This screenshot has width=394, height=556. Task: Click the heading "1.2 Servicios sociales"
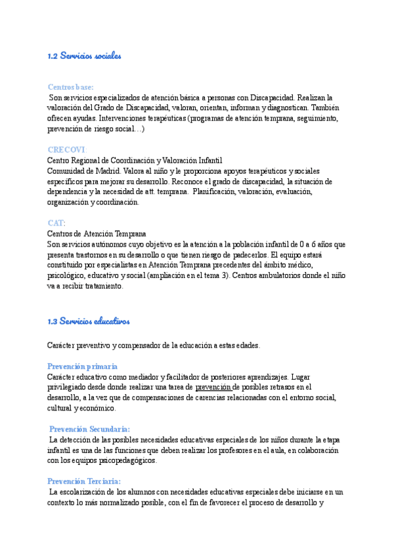pyautogui.click(x=85, y=56)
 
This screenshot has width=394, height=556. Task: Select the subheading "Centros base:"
pyautogui.click(x=71, y=87)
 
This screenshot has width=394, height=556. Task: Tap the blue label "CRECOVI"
pyautogui.click(x=67, y=149)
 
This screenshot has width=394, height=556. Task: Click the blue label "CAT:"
pyautogui.click(x=56, y=223)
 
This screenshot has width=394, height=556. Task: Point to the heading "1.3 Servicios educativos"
pyautogui.click(x=89, y=321)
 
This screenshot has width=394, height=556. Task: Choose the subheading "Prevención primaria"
pyautogui.click(x=83, y=367)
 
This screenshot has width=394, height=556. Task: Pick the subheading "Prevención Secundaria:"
pyautogui.click(x=90, y=429)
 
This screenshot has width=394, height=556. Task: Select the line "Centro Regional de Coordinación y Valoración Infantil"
pyautogui.click(x=135, y=160)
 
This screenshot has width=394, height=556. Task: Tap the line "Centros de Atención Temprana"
pyautogui.click(x=97, y=233)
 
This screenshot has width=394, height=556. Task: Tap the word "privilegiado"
pyautogui.click(x=68, y=387)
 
